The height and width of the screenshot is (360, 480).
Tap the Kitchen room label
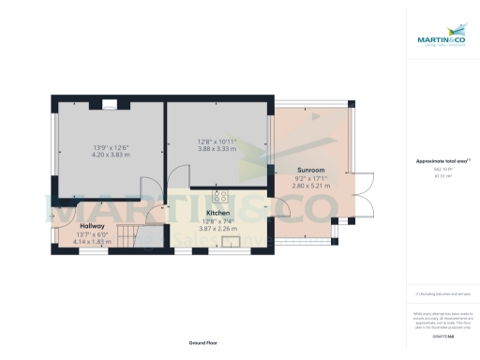217,213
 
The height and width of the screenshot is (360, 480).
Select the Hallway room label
92,226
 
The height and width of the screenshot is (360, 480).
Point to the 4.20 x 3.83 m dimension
111,155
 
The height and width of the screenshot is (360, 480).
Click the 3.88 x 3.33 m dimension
217,148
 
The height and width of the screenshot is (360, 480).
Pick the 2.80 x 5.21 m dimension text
312,186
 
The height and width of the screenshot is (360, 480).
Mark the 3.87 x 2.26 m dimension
217,228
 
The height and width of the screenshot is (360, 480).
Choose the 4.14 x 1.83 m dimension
92,241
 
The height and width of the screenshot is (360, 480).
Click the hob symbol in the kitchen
222,197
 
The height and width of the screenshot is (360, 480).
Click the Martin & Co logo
440,39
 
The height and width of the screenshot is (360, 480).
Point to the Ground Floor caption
203,342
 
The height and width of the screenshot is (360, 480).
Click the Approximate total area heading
442,161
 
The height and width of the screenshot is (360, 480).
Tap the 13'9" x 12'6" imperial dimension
111,147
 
